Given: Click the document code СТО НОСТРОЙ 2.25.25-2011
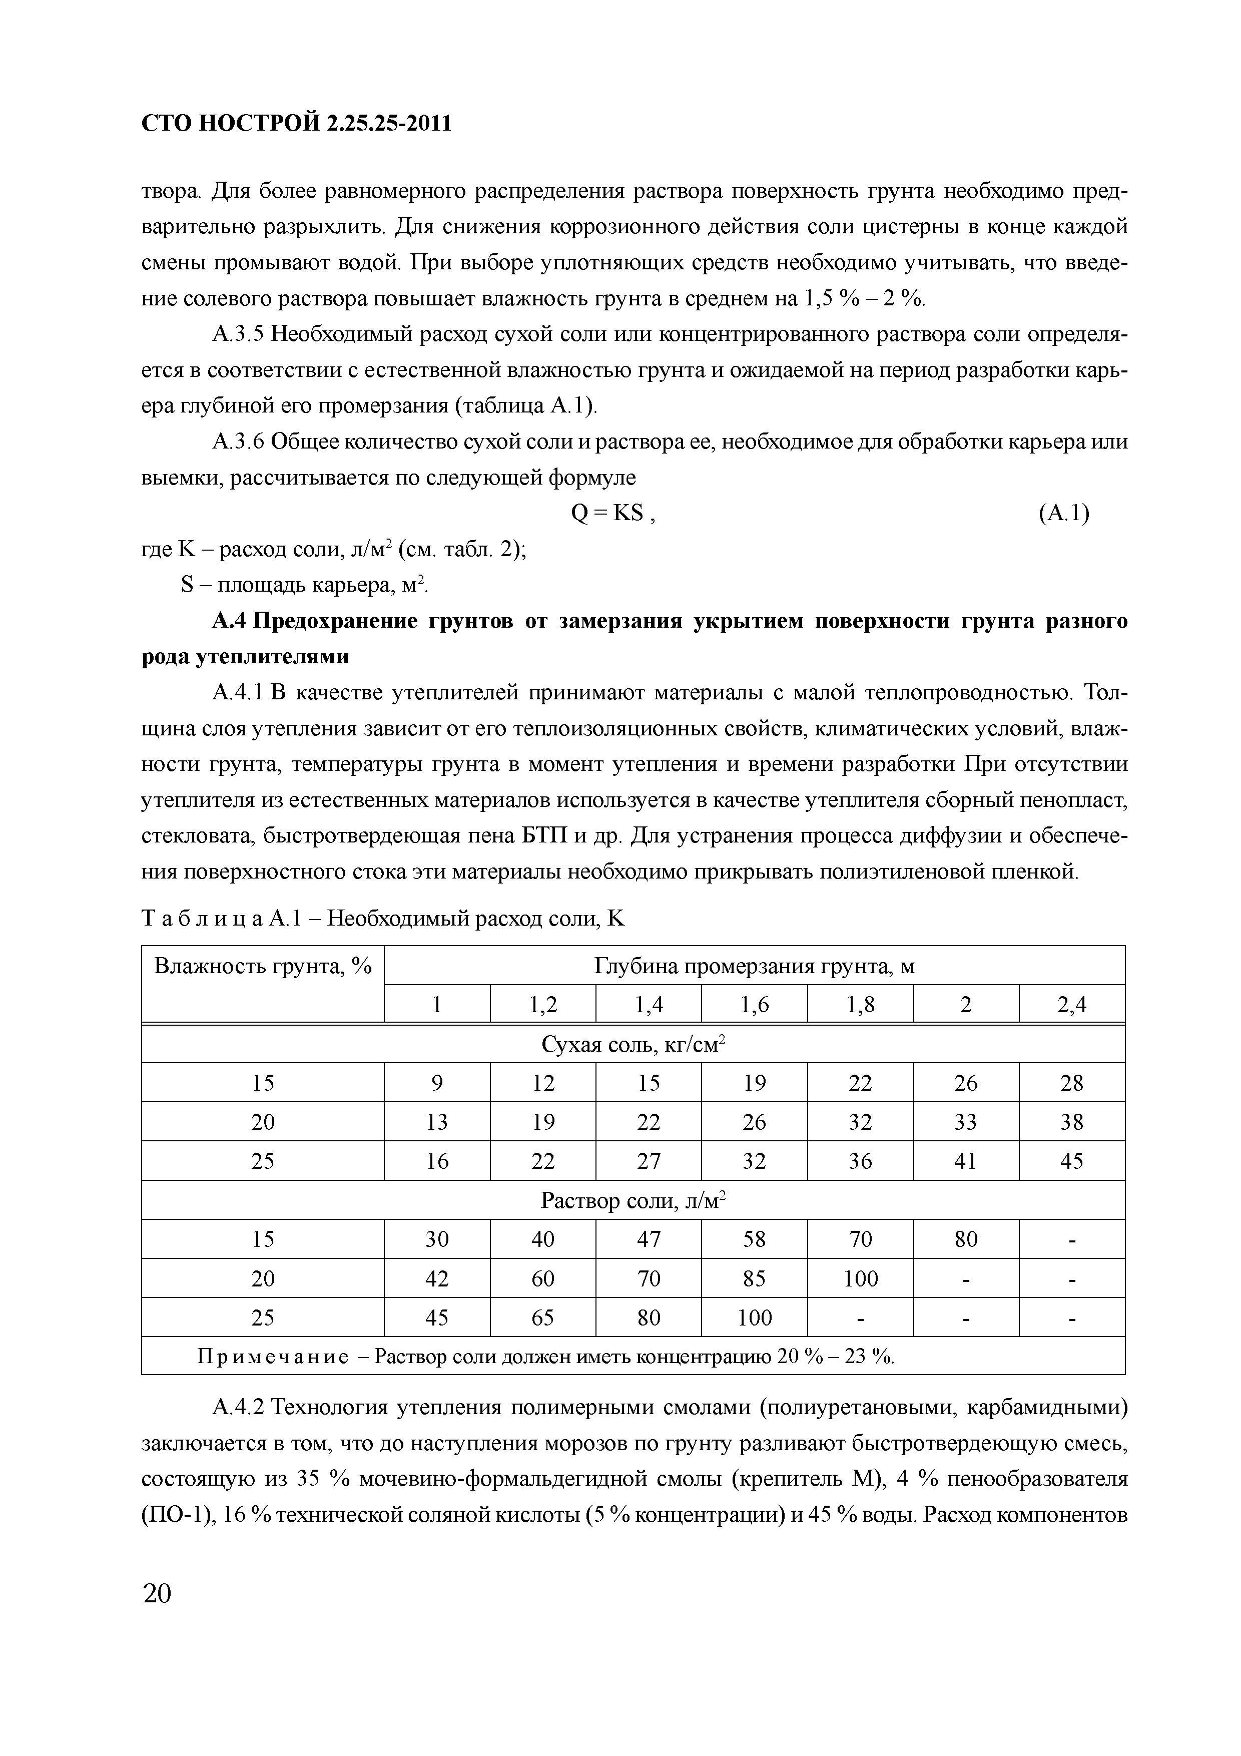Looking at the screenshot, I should pyautogui.click(x=297, y=122).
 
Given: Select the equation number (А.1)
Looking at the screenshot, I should pyautogui.click(x=1063, y=514).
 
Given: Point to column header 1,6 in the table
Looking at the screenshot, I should pyautogui.click(x=754, y=1004).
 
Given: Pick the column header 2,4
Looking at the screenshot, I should pyautogui.click(x=1071, y=1004).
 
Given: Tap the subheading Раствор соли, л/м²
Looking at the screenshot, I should pyautogui.click(x=633, y=1200).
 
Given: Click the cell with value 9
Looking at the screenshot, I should pyautogui.click(x=437, y=1083).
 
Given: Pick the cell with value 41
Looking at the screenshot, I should pyautogui.click(x=966, y=1161).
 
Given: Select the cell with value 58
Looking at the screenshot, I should pyautogui.click(x=754, y=1239).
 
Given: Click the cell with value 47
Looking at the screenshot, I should pyautogui.click(x=649, y=1239).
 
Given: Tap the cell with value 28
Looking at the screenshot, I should pyautogui.click(x=1071, y=1083).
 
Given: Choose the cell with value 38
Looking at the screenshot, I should pyautogui.click(x=1071, y=1122).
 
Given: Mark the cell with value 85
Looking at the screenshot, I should pyautogui.click(x=754, y=1278).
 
